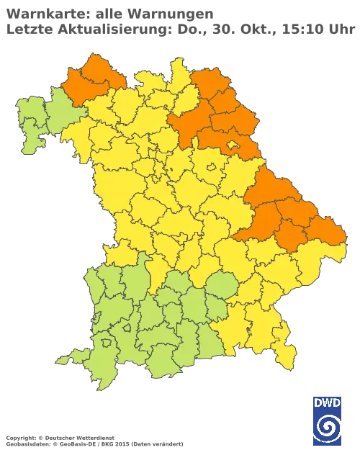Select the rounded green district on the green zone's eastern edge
coord(224,287)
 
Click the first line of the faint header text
coord(108,13)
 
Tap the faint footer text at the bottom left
coord(94,438)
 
